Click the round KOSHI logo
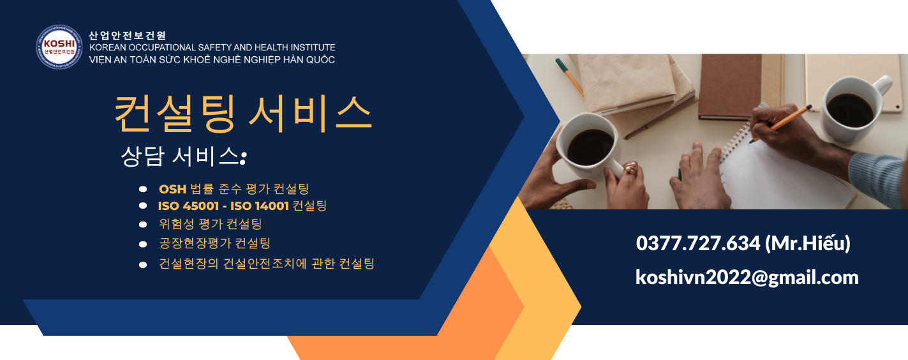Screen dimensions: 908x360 click(x=59, y=47)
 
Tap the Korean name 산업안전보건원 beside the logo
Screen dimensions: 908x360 click(x=128, y=36)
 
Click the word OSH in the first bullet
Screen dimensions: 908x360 click(x=172, y=189)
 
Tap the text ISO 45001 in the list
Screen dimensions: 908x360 click(x=188, y=206)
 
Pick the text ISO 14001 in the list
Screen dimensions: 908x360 click(x=260, y=206)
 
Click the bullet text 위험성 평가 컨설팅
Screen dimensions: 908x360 click(x=211, y=224)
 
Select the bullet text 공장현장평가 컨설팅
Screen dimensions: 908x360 click(x=215, y=243)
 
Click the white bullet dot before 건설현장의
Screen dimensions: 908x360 click(x=143, y=265)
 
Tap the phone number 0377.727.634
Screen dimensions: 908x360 click(x=697, y=243)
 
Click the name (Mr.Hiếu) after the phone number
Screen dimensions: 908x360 click(x=807, y=243)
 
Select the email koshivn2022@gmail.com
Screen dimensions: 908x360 click(x=747, y=278)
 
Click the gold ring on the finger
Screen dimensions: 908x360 click(x=630, y=167)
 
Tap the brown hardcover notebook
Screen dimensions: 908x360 click(x=729, y=87)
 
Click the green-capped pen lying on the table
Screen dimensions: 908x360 click(x=569, y=77)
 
